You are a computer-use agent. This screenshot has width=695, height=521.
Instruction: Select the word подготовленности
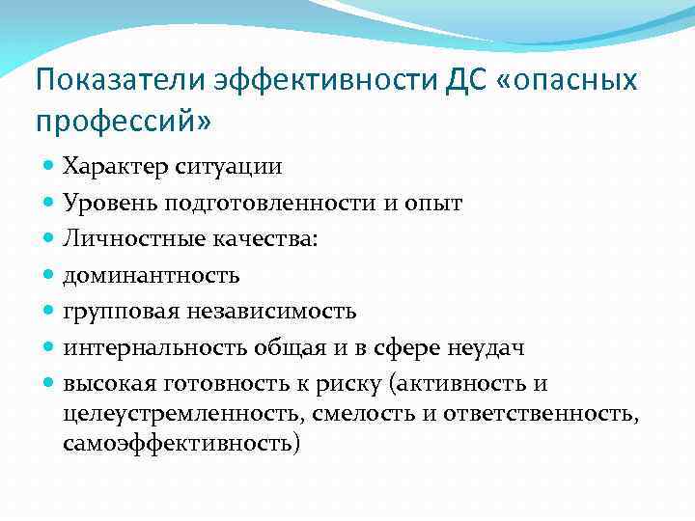[252, 203]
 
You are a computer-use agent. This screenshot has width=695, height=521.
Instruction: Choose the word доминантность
[151, 276]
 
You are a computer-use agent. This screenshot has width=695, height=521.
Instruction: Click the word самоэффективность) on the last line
[181, 443]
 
